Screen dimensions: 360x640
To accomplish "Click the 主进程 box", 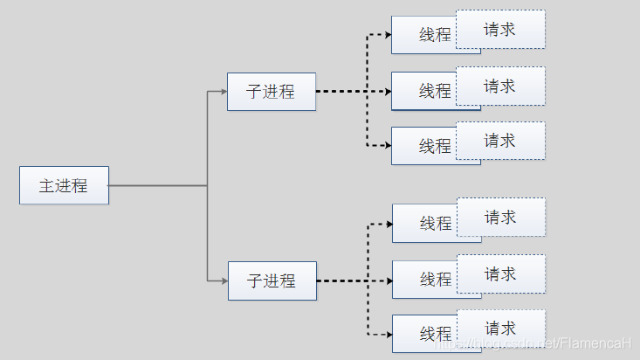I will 64,185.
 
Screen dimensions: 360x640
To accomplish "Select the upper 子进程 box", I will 271,92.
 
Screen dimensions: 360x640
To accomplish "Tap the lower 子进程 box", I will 272,280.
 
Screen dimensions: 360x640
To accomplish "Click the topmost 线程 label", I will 435,35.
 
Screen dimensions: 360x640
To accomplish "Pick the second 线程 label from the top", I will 435,91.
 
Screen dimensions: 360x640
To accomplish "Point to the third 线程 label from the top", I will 435,146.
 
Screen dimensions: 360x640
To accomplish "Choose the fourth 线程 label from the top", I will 436,224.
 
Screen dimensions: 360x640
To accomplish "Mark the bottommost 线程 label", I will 436,334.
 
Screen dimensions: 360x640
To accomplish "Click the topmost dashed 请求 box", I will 500,29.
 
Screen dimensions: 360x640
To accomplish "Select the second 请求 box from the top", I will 500,86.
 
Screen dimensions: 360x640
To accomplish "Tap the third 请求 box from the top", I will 500,141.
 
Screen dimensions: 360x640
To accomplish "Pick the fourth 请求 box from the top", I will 501,217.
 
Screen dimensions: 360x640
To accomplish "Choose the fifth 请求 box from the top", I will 501,273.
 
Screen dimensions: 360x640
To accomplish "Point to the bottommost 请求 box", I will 501,329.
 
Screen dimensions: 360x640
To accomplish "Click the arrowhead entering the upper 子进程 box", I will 224,91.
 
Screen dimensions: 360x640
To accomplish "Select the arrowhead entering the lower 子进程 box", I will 224,280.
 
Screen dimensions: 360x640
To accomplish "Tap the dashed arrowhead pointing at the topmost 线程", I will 388,35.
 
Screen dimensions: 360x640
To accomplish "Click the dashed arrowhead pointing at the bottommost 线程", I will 389,334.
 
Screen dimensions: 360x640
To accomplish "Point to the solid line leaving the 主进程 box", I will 157,185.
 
